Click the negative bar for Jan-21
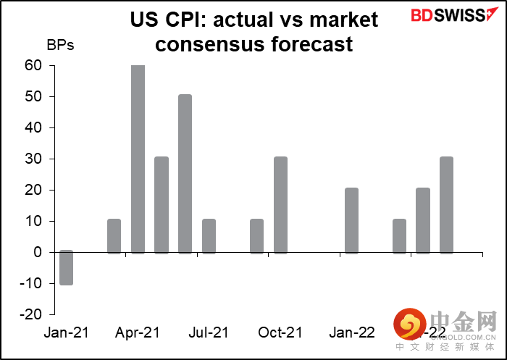click(x=67, y=267)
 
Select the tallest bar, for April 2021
click(x=138, y=159)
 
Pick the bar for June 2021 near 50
click(x=185, y=174)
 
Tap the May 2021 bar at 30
click(x=162, y=205)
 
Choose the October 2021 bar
click(x=280, y=205)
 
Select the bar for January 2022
click(x=351, y=221)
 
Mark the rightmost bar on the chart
click(x=446, y=205)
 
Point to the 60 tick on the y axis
click(x=33, y=66)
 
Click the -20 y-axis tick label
click(x=30, y=315)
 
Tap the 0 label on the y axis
click(x=37, y=253)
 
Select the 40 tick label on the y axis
click(x=33, y=128)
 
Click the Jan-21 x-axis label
click(x=67, y=332)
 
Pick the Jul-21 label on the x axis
click(x=209, y=332)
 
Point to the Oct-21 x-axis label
click(x=280, y=332)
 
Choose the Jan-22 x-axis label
click(x=351, y=332)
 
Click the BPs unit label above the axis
click(x=60, y=44)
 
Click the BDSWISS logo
click(x=445, y=15)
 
